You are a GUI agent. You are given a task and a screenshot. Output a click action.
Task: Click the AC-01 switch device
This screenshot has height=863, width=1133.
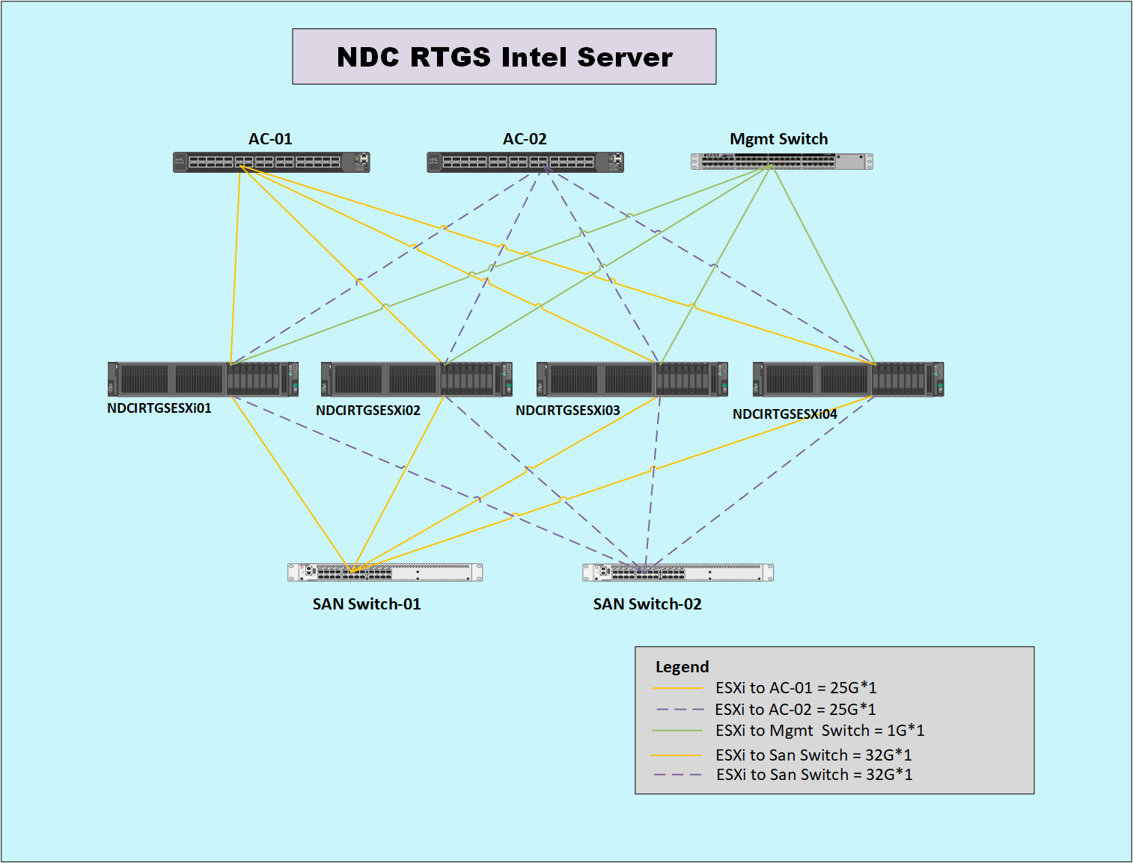click(x=272, y=162)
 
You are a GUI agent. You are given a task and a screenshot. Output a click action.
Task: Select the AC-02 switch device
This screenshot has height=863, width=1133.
click(x=525, y=162)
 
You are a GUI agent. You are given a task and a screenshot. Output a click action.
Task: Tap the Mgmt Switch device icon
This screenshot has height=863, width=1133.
click(x=782, y=162)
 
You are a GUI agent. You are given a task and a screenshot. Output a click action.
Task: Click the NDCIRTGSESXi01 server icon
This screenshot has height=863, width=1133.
click(x=203, y=379)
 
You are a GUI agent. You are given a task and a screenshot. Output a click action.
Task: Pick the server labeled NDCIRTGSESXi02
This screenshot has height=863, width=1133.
click(x=417, y=379)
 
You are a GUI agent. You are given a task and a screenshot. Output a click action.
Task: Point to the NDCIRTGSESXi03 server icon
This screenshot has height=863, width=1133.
click(x=632, y=379)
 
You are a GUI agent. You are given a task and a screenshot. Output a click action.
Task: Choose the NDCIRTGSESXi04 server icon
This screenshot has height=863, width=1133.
click(x=849, y=379)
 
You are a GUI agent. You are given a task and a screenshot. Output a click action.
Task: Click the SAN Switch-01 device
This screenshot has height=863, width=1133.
click(x=385, y=573)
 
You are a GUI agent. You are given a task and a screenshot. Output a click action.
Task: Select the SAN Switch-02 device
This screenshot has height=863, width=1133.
click(x=678, y=573)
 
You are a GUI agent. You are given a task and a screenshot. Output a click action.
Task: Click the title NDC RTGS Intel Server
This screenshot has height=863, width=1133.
click(x=505, y=57)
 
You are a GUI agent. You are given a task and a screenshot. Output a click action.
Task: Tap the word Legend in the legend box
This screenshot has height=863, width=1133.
click(x=682, y=667)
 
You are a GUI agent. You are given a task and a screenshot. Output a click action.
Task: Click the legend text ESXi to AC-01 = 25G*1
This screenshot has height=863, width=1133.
click(x=796, y=687)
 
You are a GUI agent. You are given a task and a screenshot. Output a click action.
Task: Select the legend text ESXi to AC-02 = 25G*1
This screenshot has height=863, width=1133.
click(x=795, y=709)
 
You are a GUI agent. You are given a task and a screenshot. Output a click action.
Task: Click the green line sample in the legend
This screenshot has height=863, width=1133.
click(x=677, y=731)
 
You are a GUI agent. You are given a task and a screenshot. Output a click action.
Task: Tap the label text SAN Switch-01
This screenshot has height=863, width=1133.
click(x=367, y=604)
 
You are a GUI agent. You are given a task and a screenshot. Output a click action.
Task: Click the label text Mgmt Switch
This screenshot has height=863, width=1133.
click(x=778, y=139)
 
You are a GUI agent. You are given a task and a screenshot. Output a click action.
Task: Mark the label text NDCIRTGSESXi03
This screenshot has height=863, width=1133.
click(x=568, y=410)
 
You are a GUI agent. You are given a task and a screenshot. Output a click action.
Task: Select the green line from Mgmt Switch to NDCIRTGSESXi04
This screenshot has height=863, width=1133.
click(x=824, y=265)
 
